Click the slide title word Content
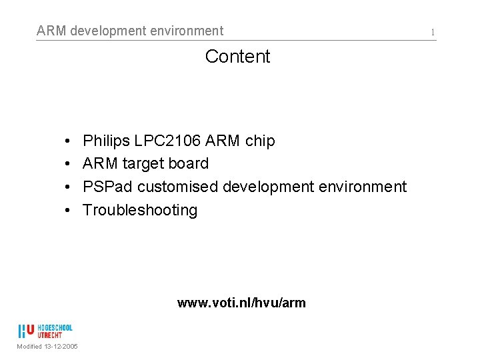(237, 57)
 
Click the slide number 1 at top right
(433, 32)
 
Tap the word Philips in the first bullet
(106, 141)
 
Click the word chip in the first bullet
(260, 141)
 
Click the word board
(187, 164)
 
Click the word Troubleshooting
(140, 211)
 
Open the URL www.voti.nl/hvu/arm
(241, 303)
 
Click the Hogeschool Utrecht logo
(45, 331)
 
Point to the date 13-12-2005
(62, 347)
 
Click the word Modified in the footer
(30, 347)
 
